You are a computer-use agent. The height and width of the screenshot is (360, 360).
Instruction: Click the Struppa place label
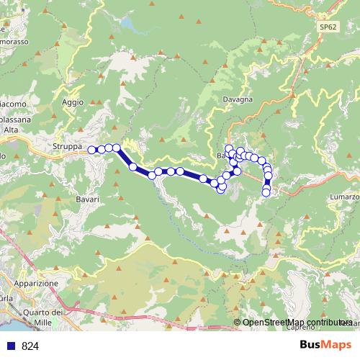(x=66, y=147)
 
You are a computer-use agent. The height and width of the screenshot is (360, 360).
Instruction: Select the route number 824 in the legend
(x=30, y=346)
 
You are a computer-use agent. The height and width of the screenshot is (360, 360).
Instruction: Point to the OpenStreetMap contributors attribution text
(x=294, y=323)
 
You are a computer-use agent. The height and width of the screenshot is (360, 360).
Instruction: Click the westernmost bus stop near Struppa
(x=91, y=150)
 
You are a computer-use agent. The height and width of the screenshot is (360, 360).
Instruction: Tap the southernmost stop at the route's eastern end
(x=266, y=192)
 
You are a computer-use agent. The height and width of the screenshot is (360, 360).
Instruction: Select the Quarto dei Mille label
(x=43, y=317)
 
